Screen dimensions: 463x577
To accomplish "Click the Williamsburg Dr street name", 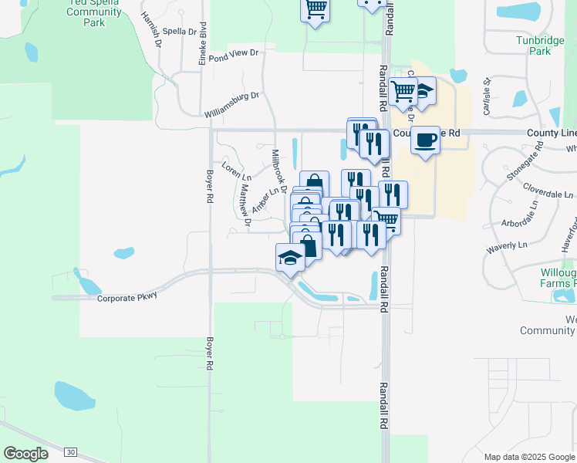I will tap(232, 105).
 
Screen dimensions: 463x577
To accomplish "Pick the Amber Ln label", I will tap(263, 201).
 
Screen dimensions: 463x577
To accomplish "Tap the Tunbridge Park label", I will tap(534, 46).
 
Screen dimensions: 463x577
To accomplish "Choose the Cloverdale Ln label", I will tap(548, 191).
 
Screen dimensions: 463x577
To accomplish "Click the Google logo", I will tap(26, 454).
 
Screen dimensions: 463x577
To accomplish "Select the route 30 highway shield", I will tap(71, 451).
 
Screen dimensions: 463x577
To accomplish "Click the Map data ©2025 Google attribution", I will tap(528, 457).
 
